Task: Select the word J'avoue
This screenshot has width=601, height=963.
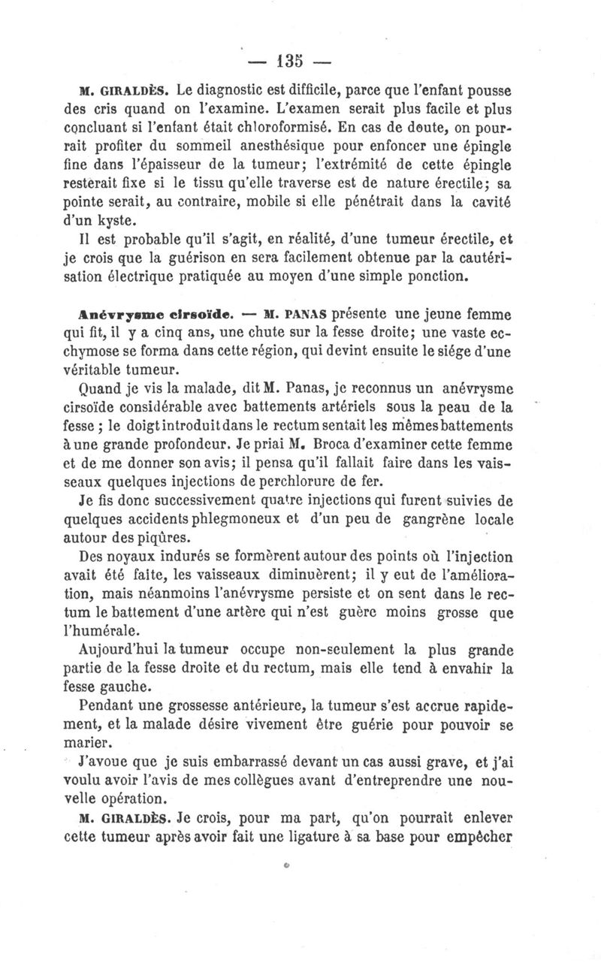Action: (105, 763)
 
